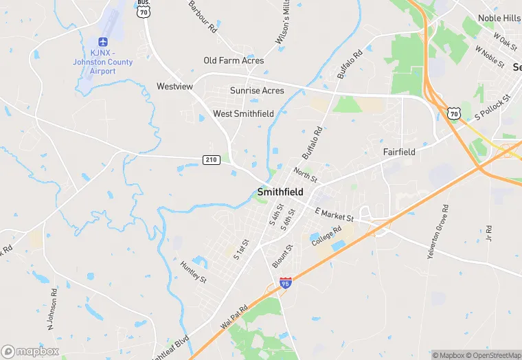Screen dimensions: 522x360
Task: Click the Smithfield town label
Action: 280,192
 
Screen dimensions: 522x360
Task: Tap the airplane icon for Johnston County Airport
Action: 104,43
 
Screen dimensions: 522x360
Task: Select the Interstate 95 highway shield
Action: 286,282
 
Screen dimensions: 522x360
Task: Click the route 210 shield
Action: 212,159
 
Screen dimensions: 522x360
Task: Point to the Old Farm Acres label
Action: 234,61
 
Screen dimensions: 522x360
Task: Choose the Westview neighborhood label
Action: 174,87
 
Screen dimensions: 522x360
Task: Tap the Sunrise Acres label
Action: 257,91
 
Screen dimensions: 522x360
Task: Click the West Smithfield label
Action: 243,113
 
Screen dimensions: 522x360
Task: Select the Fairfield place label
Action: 399,152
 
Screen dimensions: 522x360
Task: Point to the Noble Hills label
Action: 499,18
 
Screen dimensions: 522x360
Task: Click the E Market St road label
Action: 334,215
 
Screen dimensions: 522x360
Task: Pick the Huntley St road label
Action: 193,272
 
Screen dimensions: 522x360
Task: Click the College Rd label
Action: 327,236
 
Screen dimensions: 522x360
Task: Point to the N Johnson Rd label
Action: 52,306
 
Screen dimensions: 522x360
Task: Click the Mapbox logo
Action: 30,351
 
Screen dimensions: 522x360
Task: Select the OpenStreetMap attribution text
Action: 493,355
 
